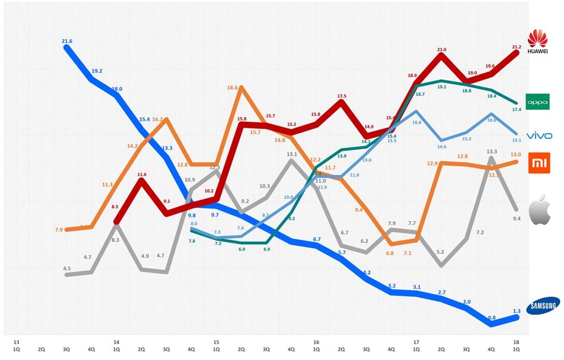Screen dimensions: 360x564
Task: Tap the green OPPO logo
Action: (538, 102)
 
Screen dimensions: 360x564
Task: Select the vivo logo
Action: (539, 135)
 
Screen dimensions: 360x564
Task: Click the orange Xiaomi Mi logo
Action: (539, 163)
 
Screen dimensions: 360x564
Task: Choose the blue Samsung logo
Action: (543, 306)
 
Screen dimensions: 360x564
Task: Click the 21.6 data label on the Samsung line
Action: (67, 41)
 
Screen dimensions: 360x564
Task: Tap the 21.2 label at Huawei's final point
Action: (516, 46)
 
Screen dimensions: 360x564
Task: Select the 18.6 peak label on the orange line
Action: (232, 88)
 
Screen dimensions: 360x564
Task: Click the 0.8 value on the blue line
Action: (491, 318)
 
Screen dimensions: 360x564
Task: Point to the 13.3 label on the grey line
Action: (492, 151)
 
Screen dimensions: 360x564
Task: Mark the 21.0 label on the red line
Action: (442, 50)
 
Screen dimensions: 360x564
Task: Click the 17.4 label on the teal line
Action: (517, 110)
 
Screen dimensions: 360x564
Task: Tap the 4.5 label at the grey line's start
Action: (67, 268)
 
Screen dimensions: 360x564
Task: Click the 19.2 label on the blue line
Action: (97, 71)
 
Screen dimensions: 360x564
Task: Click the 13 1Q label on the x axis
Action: (17, 345)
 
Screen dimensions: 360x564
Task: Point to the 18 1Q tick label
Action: (516, 345)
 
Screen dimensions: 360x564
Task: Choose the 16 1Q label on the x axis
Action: (316, 345)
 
